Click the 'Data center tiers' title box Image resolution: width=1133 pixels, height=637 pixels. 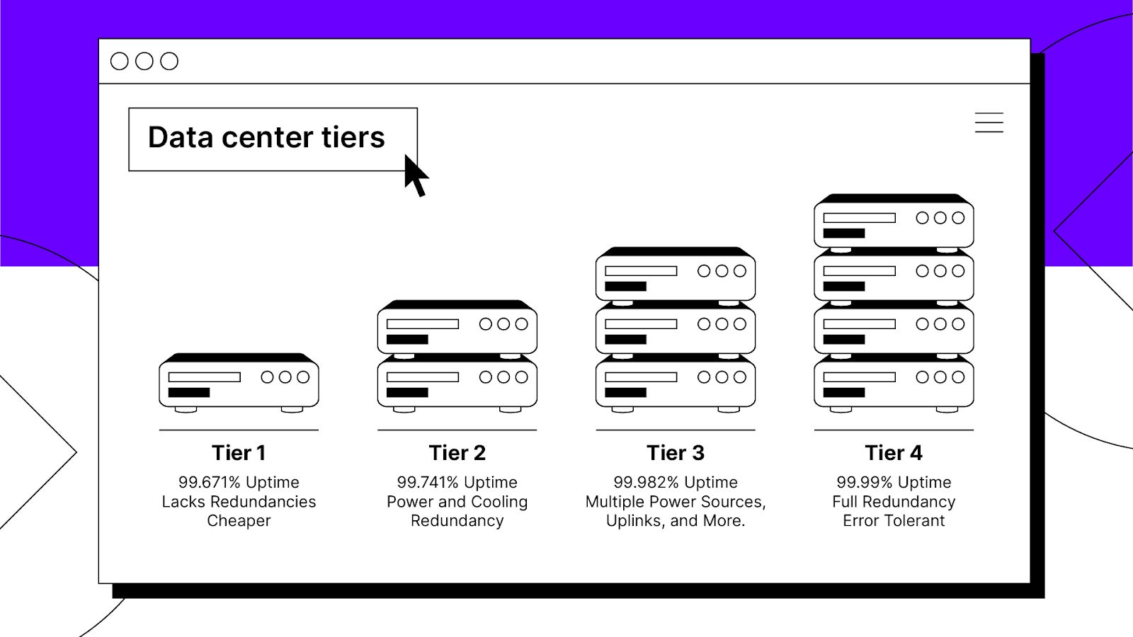click(273, 139)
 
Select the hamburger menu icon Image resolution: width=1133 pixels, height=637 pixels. click(989, 122)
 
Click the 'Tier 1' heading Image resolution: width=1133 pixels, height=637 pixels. click(239, 452)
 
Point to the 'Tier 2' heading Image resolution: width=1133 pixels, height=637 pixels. click(457, 452)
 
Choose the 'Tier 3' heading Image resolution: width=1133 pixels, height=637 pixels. click(676, 452)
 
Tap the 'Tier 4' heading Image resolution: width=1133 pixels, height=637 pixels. click(894, 452)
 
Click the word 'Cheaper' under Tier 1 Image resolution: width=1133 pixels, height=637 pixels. click(239, 521)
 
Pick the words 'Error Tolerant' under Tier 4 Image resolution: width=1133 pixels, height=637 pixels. click(894, 521)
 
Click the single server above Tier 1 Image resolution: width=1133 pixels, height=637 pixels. click(239, 383)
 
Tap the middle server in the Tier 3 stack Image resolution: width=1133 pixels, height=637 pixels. click(676, 328)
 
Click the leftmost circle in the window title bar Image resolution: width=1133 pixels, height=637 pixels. click(120, 61)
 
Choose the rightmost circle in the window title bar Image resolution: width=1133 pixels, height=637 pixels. click(169, 61)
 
